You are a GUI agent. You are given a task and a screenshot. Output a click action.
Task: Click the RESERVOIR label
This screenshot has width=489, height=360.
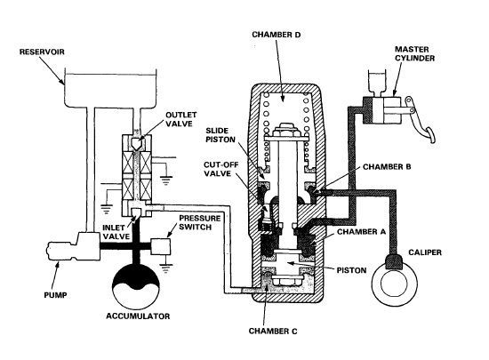(x=42, y=52)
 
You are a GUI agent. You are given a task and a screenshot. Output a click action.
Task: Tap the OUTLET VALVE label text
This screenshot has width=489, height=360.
(x=180, y=119)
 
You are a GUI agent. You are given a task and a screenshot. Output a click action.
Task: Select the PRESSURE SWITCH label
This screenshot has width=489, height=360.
(x=199, y=222)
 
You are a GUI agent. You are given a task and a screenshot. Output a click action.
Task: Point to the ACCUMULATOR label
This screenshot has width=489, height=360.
(x=138, y=316)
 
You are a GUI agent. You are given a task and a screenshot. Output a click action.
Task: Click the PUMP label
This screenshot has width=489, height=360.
(x=55, y=295)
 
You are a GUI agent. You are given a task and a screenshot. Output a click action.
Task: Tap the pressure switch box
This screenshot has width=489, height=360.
(x=161, y=247)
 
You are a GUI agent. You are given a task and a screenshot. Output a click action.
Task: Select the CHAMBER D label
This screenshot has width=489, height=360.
(x=276, y=35)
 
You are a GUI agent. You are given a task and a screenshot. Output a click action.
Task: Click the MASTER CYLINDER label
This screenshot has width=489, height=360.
(x=415, y=53)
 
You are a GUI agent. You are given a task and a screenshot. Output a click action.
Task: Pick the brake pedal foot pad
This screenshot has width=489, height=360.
(x=431, y=135)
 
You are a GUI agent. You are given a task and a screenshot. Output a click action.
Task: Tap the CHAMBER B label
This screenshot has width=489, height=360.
(x=387, y=167)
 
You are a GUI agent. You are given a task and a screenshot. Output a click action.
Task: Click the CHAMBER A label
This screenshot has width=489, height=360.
(x=362, y=232)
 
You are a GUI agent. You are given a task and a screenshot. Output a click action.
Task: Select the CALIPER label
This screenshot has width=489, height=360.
(x=425, y=252)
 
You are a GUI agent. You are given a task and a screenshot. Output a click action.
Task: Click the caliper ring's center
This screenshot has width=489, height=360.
(x=395, y=283)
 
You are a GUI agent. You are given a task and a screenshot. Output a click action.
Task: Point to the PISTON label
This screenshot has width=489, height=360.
(x=351, y=270)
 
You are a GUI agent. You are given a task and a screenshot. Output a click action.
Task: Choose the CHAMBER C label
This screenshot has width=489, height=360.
(x=273, y=331)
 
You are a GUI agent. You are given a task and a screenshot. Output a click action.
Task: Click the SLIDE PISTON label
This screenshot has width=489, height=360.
(x=220, y=135)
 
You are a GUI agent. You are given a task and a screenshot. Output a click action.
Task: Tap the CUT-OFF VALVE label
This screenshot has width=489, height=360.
(x=218, y=169)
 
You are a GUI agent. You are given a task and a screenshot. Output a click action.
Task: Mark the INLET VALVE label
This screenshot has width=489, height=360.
(x=116, y=232)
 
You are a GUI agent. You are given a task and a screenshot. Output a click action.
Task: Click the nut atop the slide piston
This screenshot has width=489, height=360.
(x=285, y=129)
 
